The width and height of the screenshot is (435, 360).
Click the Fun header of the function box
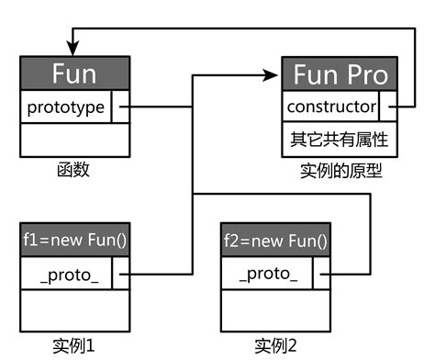tap(75, 73)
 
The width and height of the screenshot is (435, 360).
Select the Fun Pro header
tap(340, 74)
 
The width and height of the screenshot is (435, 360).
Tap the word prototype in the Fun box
tap(65, 107)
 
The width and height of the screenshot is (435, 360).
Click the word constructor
tap(331, 107)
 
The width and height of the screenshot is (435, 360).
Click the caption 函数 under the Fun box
tap(72, 171)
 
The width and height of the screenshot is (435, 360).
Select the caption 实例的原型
tap(340, 172)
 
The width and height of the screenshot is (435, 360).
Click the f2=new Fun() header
tap(276, 242)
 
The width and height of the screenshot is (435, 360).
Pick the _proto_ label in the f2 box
tap(267, 274)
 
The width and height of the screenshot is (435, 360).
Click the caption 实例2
tap(276, 346)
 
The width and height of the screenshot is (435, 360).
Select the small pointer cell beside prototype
tap(121, 107)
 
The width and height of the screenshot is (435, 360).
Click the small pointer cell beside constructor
tap(389, 107)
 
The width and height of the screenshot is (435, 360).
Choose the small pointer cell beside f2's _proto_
tap(321, 274)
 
